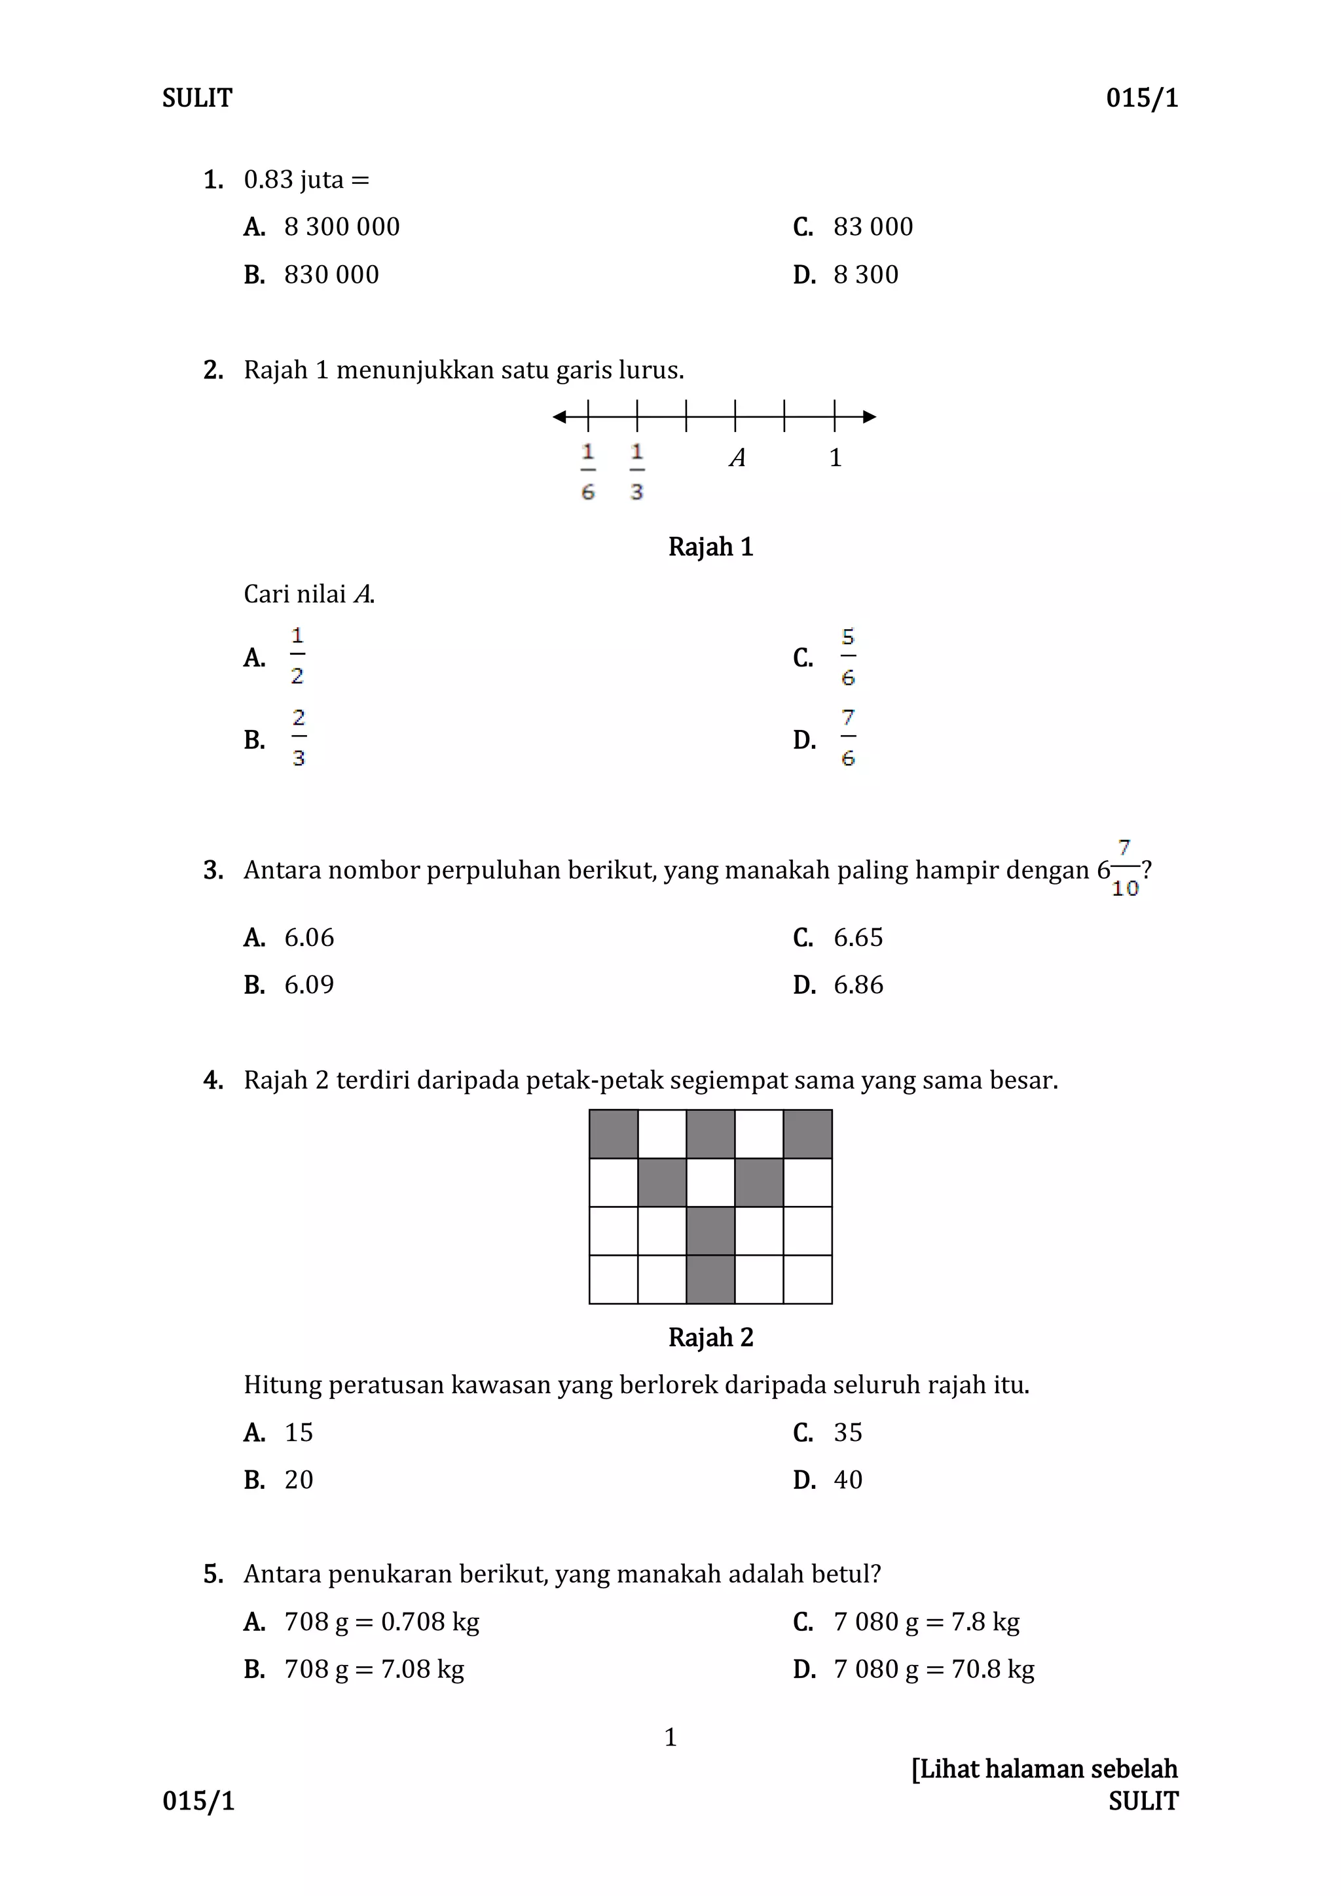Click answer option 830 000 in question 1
331,275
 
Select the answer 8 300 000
341,227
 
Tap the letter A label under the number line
737,458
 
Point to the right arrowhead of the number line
869,417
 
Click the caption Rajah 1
710,547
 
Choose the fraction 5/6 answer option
848,657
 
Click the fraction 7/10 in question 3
1125,869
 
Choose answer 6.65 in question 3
858,938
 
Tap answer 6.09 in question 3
309,985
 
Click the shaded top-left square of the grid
614,1134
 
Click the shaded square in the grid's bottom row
710,1279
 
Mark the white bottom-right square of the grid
807,1279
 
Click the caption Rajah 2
710,1337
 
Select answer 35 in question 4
847,1432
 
